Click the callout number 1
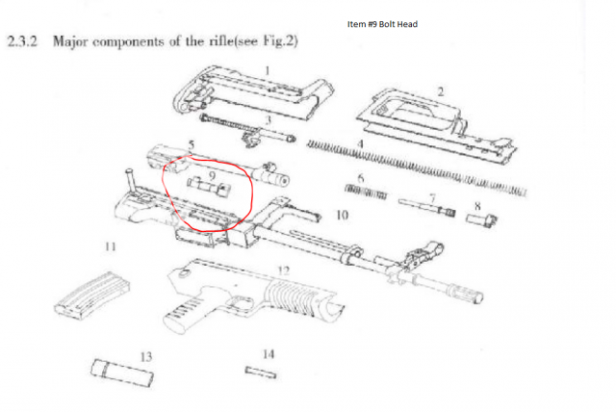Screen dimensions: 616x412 (x=268, y=70)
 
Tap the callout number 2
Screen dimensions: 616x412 (x=441, y=91)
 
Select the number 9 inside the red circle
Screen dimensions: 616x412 (x=212, y=175)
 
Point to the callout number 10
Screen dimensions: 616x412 (x=342, y=216)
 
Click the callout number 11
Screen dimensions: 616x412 (x=111, y=246)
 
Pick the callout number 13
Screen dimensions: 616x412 (x=145, y=357)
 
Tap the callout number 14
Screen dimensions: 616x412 (x=269, y=354)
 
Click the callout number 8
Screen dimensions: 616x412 (x=477, y=206)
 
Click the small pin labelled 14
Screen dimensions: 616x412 (x=261, y=373)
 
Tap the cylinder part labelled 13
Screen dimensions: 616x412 (x=122, y=373)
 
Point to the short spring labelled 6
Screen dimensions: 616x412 (x=366, y=192)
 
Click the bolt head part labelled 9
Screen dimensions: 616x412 (x=209, y=188)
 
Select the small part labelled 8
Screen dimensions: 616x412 (x=481, y=219)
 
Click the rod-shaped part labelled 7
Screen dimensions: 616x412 (x=426, y=208)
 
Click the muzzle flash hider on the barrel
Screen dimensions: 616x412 (x=466, y=293)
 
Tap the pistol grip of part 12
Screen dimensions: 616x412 (x=185, y=313)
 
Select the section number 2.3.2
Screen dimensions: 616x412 (x=22, y=41)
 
